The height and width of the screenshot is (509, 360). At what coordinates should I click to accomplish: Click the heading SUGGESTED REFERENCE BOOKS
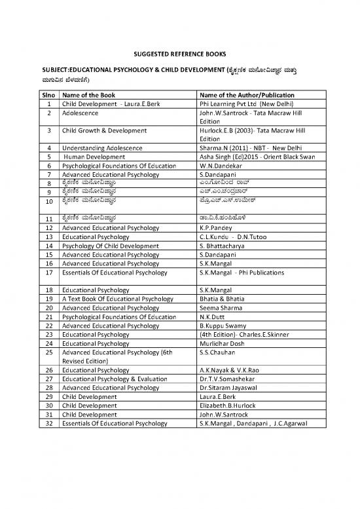[179, 54]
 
